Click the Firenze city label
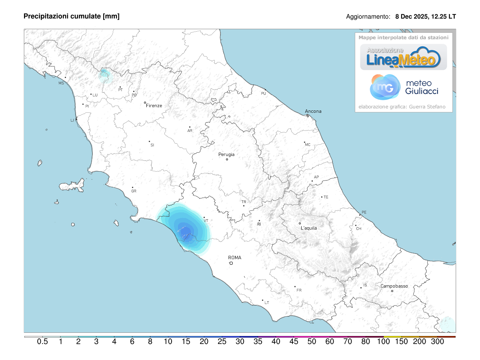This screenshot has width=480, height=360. tap(154, 106)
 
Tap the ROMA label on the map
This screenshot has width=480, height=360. tap(234, 258)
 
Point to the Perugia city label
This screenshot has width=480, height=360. tap(226, 154)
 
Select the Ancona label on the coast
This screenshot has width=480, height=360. tap(313, 111)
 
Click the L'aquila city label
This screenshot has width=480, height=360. tap(308, 228)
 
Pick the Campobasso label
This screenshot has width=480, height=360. tap(394, 286)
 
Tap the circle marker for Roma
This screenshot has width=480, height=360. tap(231, 263)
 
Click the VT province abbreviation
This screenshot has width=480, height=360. tap(206, 220)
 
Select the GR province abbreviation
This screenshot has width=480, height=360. tap(134, 191)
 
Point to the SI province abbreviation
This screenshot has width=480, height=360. tap(152, 145)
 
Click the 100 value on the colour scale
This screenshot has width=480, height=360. tap(384, 342)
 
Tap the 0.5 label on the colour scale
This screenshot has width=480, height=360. tap(42, 342)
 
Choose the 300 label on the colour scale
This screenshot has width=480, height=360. tap(438, 342)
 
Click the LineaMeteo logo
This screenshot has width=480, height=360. tap(404, 57)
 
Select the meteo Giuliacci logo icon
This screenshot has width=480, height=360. tap(385, 87)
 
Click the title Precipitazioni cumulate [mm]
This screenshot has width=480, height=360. tap(72, 16)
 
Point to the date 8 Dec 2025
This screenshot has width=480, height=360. tap(410, 17)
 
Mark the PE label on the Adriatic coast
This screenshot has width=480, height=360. tap(364, 212)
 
